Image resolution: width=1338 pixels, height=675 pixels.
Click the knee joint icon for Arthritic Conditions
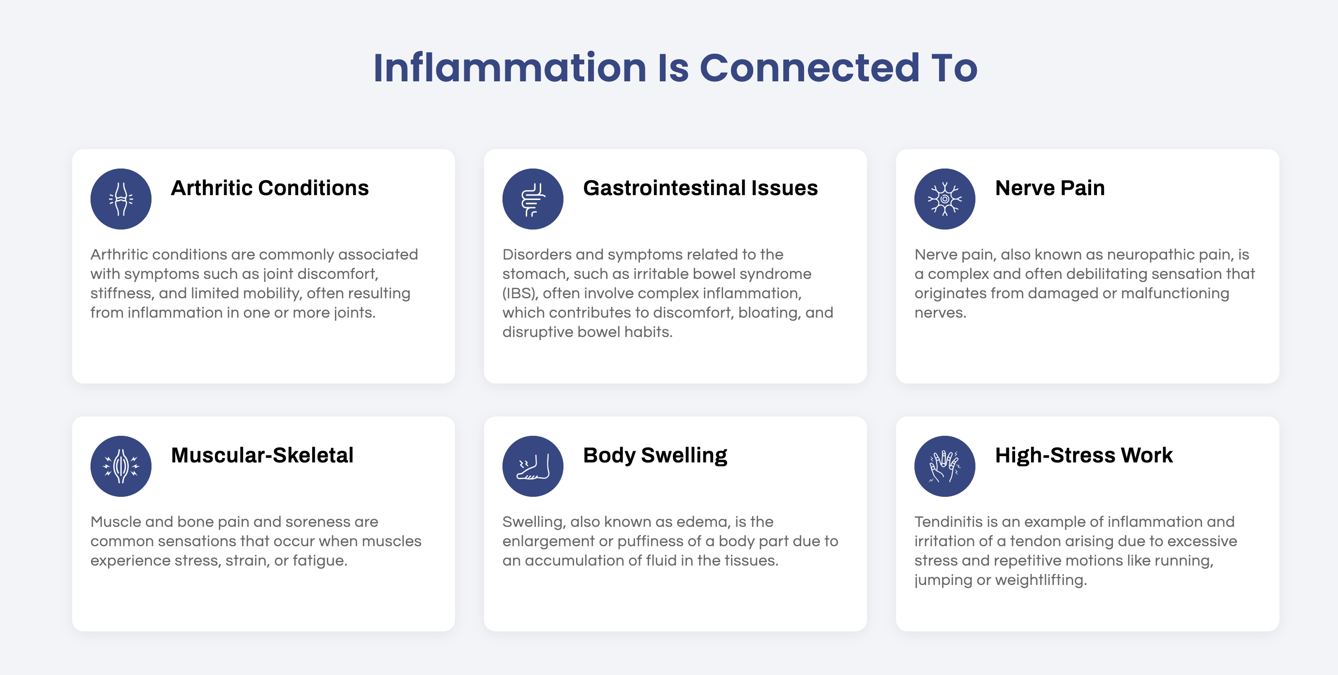coord(121,199)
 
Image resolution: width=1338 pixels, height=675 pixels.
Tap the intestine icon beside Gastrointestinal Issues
coord(533,199)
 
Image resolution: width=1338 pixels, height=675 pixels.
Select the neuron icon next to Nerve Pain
coord(945,199)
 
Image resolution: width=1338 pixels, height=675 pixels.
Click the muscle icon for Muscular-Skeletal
coord(121,466)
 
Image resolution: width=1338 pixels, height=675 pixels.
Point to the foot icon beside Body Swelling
coord(533,466)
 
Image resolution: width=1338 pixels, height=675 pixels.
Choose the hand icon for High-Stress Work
coord(945,466)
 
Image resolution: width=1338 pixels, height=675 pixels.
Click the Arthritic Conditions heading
coord(270,188)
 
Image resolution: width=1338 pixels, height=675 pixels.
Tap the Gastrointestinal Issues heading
coord(700,188)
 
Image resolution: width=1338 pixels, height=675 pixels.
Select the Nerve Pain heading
coord(1049,188)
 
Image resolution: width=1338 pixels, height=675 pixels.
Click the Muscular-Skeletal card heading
coord(262,455)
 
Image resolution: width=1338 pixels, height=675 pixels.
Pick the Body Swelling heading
coord(655,456)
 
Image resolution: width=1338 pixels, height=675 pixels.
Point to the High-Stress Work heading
coord(1084,455)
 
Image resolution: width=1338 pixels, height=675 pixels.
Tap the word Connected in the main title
coord(810,68)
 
